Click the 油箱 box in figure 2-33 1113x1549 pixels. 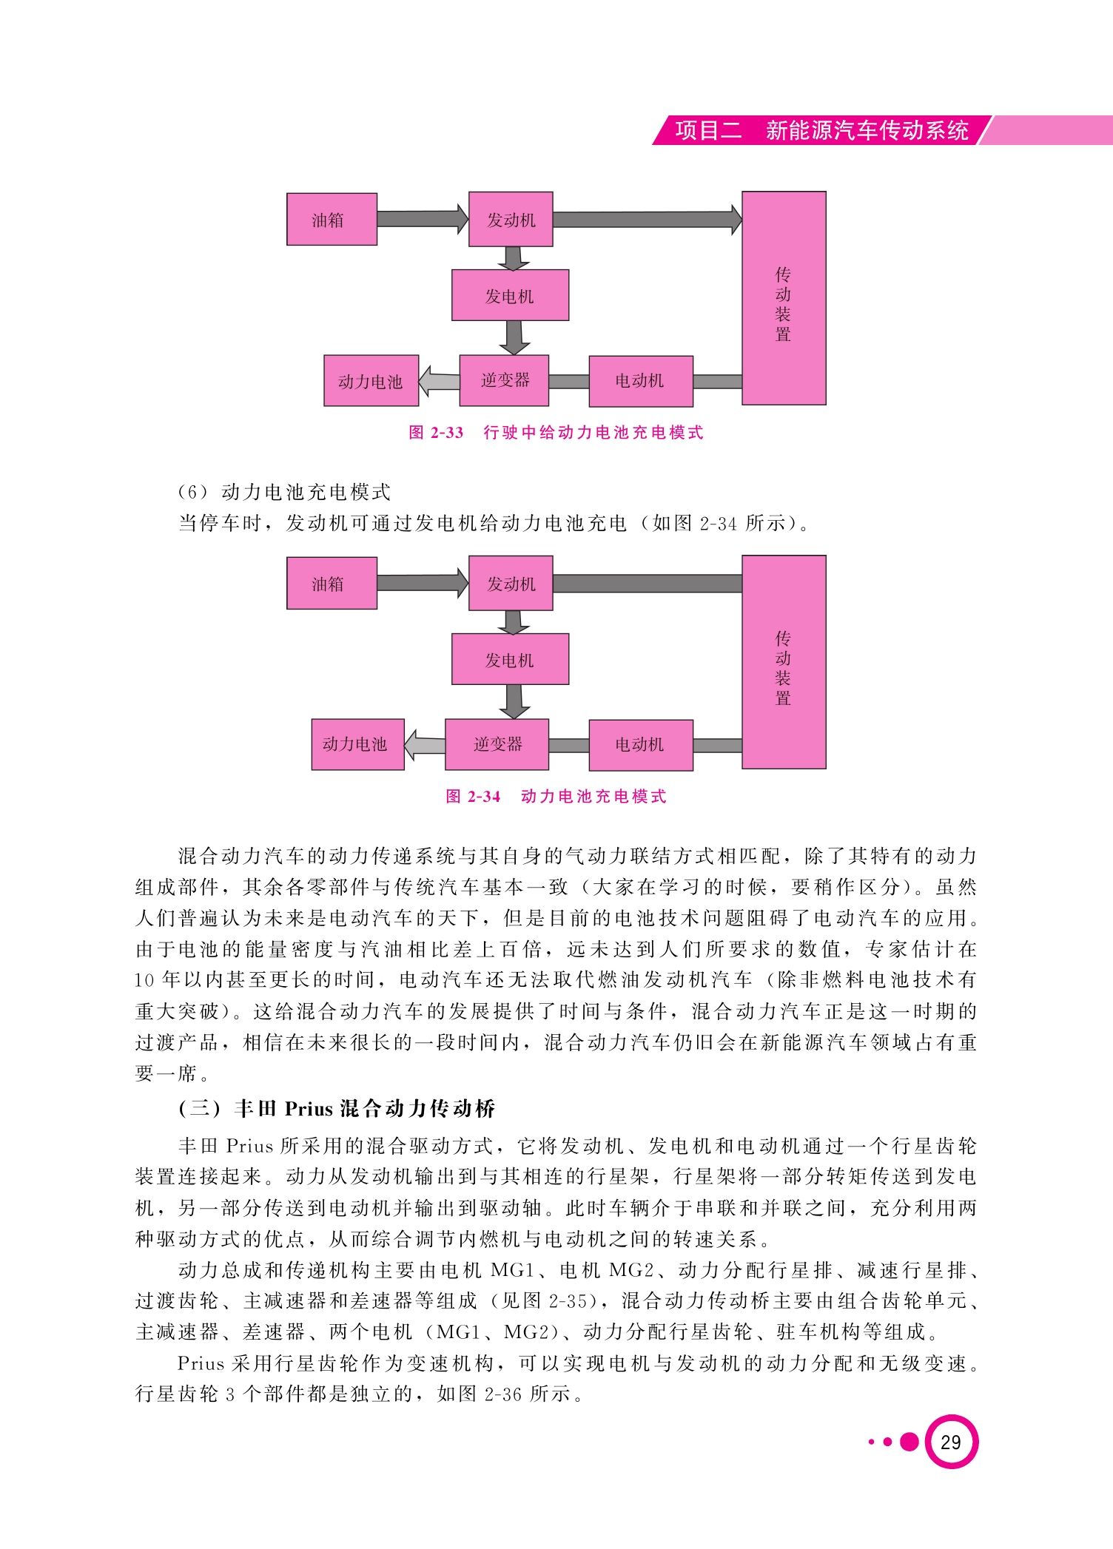click(332, 219)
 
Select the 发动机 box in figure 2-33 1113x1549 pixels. click(511, 219)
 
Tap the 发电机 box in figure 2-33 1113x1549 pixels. click(510, 295)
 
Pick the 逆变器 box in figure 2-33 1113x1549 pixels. click(504, 380)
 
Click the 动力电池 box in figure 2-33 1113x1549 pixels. click(371, 381)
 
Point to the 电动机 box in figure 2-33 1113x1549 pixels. click(640, 381)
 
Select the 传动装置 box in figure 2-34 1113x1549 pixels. click(784, 662)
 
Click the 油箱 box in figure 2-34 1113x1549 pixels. click(332, 583)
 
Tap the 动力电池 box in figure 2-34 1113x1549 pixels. click(357, 744)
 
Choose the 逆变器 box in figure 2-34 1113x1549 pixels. click(497, 744)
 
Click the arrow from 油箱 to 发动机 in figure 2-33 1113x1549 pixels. click(423, 219)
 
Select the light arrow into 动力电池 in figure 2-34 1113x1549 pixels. click(425, 745)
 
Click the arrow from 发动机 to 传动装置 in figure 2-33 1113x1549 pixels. click(648, 219)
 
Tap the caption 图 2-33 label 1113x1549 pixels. click(436, 433)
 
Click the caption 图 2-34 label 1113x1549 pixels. click(473, 797)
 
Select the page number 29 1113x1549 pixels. click(951, 1442)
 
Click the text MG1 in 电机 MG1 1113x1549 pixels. click(513, 1270)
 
